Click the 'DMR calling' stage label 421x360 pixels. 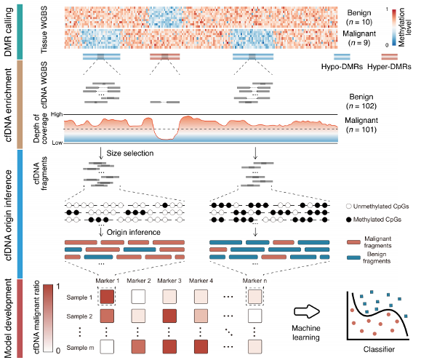8,32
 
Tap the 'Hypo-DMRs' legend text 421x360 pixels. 342,67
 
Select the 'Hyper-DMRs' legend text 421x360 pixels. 389,67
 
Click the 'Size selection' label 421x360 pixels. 130,153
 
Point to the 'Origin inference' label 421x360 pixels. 134,232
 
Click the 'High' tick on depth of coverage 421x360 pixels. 57,114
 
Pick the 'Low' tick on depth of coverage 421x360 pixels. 57,143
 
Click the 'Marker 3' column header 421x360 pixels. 169,281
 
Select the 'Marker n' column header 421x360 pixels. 254,281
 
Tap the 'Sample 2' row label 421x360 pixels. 79,316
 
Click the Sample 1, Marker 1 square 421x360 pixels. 107,297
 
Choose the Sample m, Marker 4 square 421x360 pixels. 201,347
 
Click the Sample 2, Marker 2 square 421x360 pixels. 138,316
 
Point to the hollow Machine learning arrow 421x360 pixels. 307,312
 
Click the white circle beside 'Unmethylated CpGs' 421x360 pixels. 349,207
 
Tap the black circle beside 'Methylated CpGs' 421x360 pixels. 349,220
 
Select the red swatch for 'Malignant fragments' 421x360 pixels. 353,242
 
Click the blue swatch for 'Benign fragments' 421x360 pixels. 353,257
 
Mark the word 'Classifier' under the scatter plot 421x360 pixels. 379,349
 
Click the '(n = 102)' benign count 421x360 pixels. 361,106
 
